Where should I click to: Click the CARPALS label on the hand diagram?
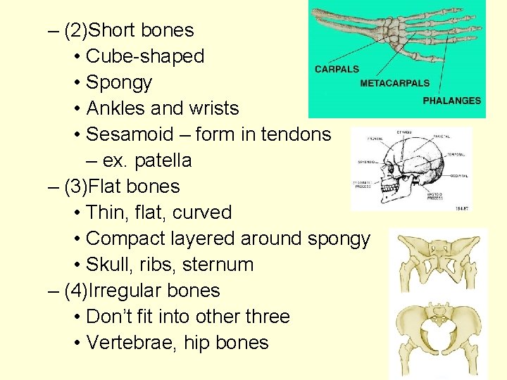tap(337, 69)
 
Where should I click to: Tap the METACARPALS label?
tap(394, 83)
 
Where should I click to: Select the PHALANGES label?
tap(452, 101)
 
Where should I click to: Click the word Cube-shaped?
tap(144, 56)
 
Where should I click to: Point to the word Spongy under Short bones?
tap(118, 82)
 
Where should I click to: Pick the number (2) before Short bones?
tap(77, 30)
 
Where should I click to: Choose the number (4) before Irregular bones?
tap(77, 291)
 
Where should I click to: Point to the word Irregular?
tap(131, 291)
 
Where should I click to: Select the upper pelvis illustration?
tap(436, 260)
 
